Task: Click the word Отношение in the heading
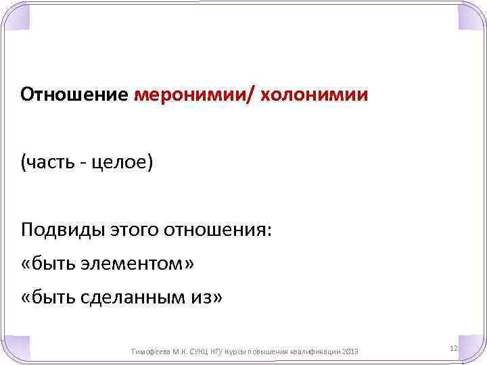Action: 74,93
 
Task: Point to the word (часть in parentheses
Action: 47,163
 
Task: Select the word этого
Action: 133,231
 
